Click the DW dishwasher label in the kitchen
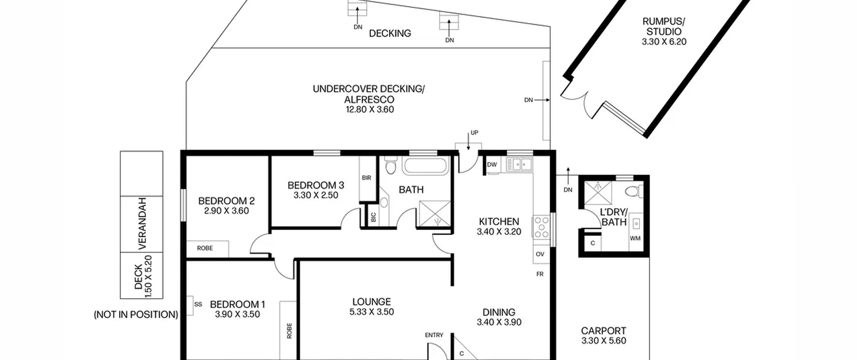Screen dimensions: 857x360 [x=492, y=164]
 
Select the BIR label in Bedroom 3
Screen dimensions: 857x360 [x=367, y=178]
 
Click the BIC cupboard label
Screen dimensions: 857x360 [x=374, y=217]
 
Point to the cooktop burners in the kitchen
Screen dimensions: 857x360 [x=541, y=227]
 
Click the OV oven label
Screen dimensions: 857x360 [x=540, y=254]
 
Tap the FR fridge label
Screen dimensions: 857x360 [x=540, y=274]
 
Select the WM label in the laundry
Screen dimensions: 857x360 [x=635, y=238]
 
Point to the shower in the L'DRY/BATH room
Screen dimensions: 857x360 [x=598, y=193]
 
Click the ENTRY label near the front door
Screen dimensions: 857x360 [x=434, y=335]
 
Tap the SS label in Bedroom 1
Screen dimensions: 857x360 [x=198, y=304]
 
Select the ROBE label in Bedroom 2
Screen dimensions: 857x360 [x=205, y=248]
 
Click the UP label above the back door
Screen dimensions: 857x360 [x=474, y=133]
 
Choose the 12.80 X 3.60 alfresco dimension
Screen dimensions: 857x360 [x=370, y=110]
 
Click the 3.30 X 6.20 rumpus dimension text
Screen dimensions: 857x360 [x=664, y=42]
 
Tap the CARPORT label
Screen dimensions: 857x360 [x=604, y=331]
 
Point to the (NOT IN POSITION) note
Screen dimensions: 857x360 [x=136, y=315]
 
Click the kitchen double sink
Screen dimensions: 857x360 [x=519, y=164]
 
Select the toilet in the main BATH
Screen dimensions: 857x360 [x=390, y=165]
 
